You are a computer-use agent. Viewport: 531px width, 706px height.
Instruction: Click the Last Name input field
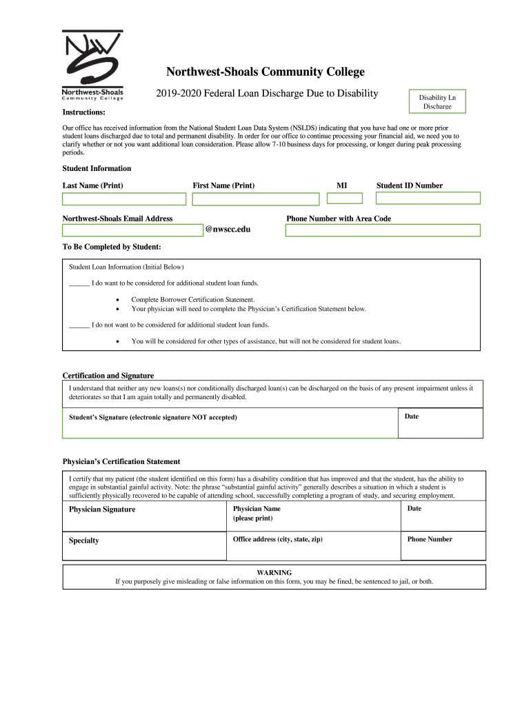pyautogui.click(x=124, y=199)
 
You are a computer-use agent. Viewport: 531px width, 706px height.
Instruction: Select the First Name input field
pyautogui.click(x=256, y=199)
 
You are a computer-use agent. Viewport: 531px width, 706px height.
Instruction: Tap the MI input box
pyautogui.click(x=345, y=199)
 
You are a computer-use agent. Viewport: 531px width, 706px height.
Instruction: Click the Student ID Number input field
pyautogui.click(x=428, y=199)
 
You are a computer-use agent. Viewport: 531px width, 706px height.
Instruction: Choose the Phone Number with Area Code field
pyautogui.click(x=383, y=230)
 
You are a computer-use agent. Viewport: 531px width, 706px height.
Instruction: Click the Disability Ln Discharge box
pyautogui.click(x=437, y=102)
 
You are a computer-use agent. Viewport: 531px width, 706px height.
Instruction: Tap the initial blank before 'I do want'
pyautogui.click(x=79, y=283)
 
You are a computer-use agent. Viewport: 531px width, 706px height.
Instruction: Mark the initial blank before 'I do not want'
pyautogui.click(x=79, y=325)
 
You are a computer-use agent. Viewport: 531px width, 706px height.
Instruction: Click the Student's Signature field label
pyautogui.click(x=153, y=417)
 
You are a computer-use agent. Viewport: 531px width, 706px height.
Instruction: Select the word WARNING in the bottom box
pyautogui.click(x=274, y=572)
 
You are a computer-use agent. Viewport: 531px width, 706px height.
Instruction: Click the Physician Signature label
pyautogui.click(x=102, y=510)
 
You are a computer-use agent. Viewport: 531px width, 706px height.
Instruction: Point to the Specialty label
pyautogui.click(x=83, y=541)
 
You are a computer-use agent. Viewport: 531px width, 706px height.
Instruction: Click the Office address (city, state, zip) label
pyautogui.click(x=277, y=539)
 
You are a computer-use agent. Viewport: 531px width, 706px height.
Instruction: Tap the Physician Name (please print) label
pyautogui.click(x=257, y=513)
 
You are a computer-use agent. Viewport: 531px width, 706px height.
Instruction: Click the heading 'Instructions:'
pyautogui.click(x=83, y=112)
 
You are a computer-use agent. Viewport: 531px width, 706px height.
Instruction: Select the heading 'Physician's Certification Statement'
pyautogui.click(x=121, y=461)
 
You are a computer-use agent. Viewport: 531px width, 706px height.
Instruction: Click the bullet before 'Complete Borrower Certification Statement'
pyautogui.click(x=119, y=300)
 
